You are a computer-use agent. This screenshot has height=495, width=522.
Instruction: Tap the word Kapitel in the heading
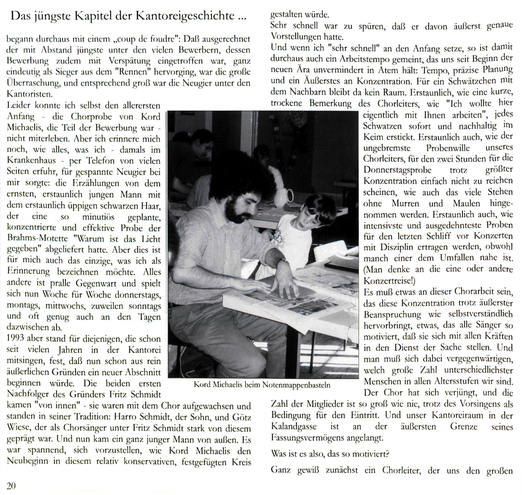click(91, 16)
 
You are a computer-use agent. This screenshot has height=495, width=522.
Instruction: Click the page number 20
click(11, 485)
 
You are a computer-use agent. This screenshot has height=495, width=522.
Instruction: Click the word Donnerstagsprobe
click(397, 170)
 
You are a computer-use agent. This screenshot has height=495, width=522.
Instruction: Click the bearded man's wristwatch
click(281, 261)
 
